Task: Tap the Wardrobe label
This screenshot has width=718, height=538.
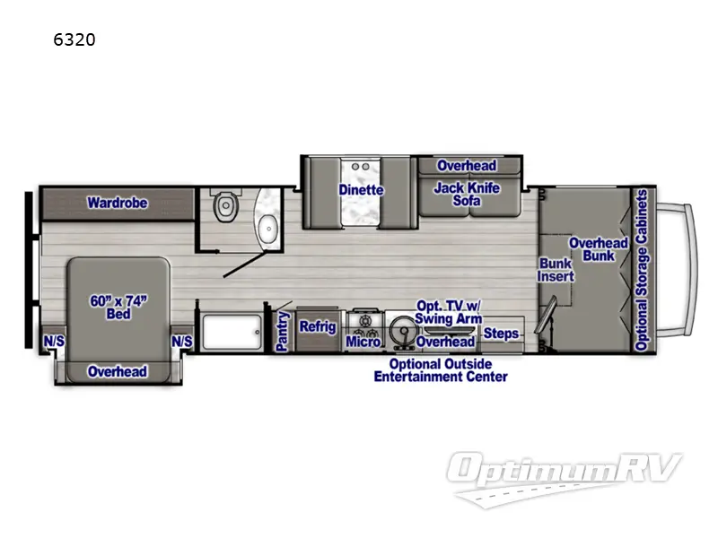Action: (x=117, y=203)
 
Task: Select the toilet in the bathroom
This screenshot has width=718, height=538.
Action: (x=225, y=208)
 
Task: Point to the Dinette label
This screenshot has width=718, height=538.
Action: (x=361, y=190)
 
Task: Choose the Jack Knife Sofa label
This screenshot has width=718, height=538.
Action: (x=466, y=194)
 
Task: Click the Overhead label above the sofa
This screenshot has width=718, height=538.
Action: (x=466, y=166)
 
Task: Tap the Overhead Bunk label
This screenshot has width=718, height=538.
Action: (x=598, y=249)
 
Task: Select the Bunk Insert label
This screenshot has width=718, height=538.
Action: (x=555, y=270)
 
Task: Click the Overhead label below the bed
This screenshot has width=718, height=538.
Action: (x=117, y=371)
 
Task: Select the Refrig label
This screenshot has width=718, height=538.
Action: (x=317, y=326)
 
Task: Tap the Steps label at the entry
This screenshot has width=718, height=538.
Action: (x=501, y=334)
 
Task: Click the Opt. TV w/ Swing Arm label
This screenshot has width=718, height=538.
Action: (x=448, y=312)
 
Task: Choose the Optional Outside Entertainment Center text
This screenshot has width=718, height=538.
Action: (x=440, y=370)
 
